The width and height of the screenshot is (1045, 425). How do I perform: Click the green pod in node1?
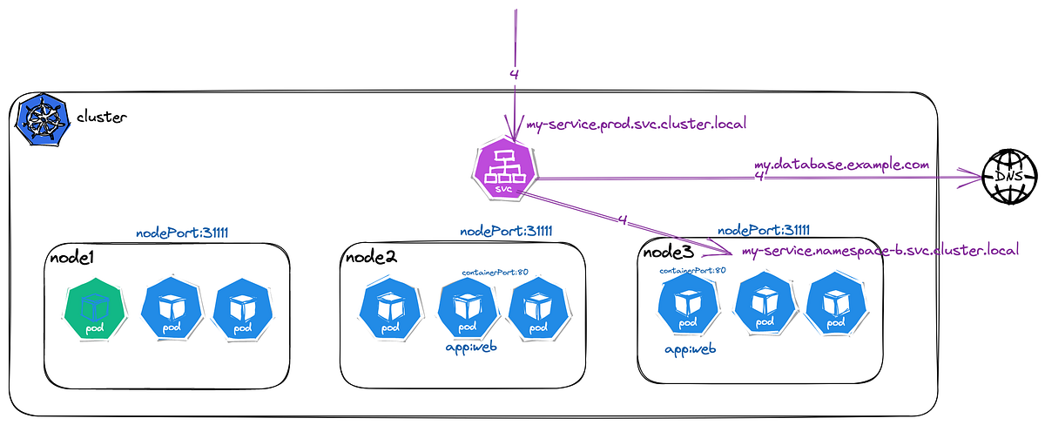(93, 311)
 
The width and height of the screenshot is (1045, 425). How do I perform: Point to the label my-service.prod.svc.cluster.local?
(636, 124)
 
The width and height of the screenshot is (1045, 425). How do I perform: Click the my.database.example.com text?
(841, 164)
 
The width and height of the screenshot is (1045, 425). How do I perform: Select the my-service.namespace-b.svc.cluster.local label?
(879, 251)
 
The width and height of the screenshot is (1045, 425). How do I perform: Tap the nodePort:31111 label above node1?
(181, 233)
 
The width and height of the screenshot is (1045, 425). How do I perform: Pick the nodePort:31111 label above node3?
(764, 230)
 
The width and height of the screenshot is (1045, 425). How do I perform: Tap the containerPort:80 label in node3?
(692, 271)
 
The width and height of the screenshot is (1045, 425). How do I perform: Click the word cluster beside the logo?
(102, 117)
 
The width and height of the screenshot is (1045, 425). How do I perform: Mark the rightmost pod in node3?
(835, 306)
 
